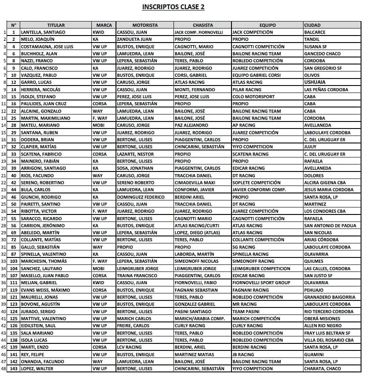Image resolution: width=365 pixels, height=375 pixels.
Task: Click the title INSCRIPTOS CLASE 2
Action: [173, 7]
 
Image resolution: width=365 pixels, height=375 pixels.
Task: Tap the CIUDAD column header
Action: [312, 25]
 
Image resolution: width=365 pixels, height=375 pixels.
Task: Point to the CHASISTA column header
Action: [202, 25]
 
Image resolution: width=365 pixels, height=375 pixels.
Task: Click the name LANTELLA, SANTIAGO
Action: [43, 32]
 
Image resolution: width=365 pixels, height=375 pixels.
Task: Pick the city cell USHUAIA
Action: [315, 82]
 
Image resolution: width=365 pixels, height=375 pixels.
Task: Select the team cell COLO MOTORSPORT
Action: [253, 96]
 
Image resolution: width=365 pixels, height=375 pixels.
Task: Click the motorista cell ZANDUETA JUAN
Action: [135, 39]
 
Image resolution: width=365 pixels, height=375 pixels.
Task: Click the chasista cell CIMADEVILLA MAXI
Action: [195, 182]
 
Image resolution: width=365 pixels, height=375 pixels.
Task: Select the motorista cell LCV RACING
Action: [130, 347]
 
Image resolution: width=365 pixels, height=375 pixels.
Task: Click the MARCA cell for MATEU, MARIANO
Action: [99, 125]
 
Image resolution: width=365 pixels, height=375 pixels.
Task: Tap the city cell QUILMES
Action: [314, 261]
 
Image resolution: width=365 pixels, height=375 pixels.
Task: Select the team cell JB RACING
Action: [243, 354]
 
